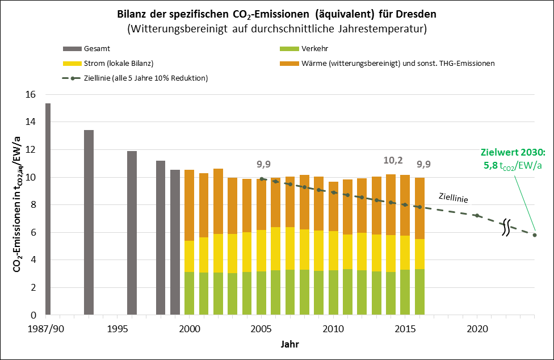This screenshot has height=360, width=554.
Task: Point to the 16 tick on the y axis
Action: pos(32,94)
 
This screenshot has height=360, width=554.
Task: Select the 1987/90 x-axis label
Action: pos(48,329)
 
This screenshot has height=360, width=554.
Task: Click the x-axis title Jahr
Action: pos(289,345)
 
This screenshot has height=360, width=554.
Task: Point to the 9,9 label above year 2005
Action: pos(263,166)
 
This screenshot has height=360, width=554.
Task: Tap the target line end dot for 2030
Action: pos(535,235)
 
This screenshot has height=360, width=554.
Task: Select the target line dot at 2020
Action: pos(477,216)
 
